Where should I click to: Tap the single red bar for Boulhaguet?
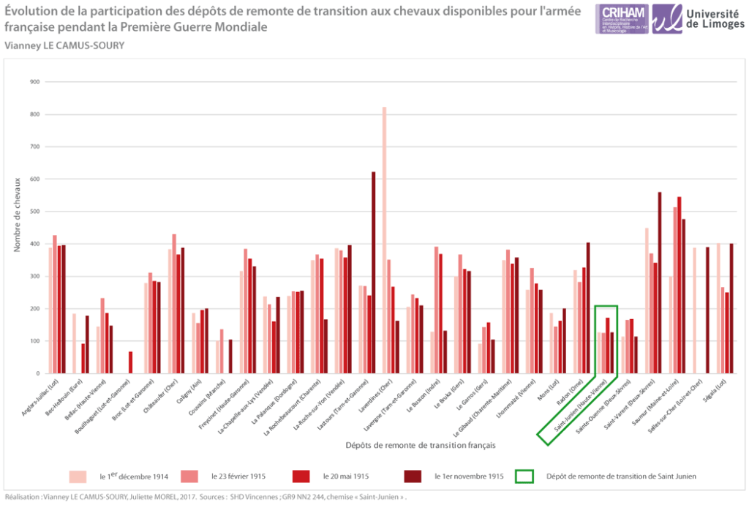[x=130, y=362]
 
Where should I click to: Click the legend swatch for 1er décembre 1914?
[x=78, y=476]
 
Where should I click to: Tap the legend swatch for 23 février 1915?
[x=189, y=476]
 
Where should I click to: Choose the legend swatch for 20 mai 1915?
[x=301, y=476]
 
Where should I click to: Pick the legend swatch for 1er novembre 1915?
[x=413, y=476]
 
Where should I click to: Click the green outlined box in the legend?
[x=524, y=476]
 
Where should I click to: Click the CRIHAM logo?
[x=622, y=18]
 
